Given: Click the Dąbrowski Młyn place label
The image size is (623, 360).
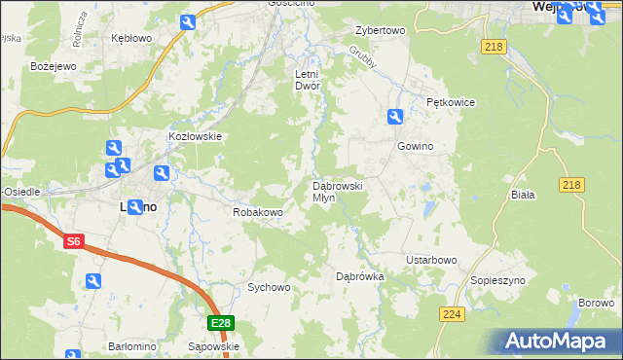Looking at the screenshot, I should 337,191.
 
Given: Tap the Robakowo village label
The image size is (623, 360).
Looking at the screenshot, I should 257,212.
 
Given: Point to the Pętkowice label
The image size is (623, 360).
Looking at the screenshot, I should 449,101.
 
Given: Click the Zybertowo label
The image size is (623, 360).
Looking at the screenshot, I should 380,30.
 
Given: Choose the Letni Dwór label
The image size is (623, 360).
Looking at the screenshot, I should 308,79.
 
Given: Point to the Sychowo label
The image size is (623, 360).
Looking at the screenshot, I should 269,287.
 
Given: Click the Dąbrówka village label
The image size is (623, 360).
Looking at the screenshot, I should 360,276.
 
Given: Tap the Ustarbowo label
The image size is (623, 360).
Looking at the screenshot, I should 431,260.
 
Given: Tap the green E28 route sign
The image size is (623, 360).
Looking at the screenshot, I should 221,323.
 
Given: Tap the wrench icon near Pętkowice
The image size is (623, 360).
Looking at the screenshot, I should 395,117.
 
